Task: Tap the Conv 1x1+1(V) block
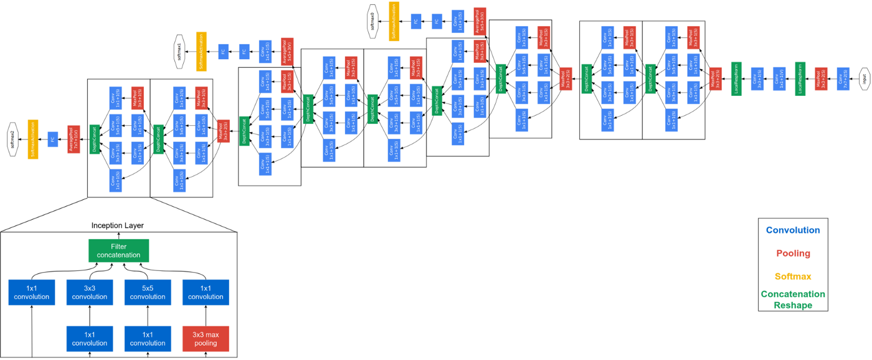click(x=779, y=79)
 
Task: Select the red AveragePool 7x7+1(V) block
click(x=73, y=139)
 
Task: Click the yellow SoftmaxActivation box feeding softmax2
click(x=33, y=139)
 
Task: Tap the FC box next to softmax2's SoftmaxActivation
click(x=53, y=139)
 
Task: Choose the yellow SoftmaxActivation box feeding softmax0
click(x=394, y=21)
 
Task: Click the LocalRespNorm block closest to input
click(x=800, y=79)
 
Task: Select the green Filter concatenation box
click(x=118, y=250)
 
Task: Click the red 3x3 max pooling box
click(x=206, y=339)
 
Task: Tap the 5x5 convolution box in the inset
click(x=148, y=293)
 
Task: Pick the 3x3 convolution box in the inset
click(x=90, y=293)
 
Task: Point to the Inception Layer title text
click(x=118, y=225)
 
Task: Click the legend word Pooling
click(x=793, y=253)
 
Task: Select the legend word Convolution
click(x=793, y=230)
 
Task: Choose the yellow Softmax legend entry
click(x=793, y=277)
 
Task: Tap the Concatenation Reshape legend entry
click(x=793, y=300)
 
